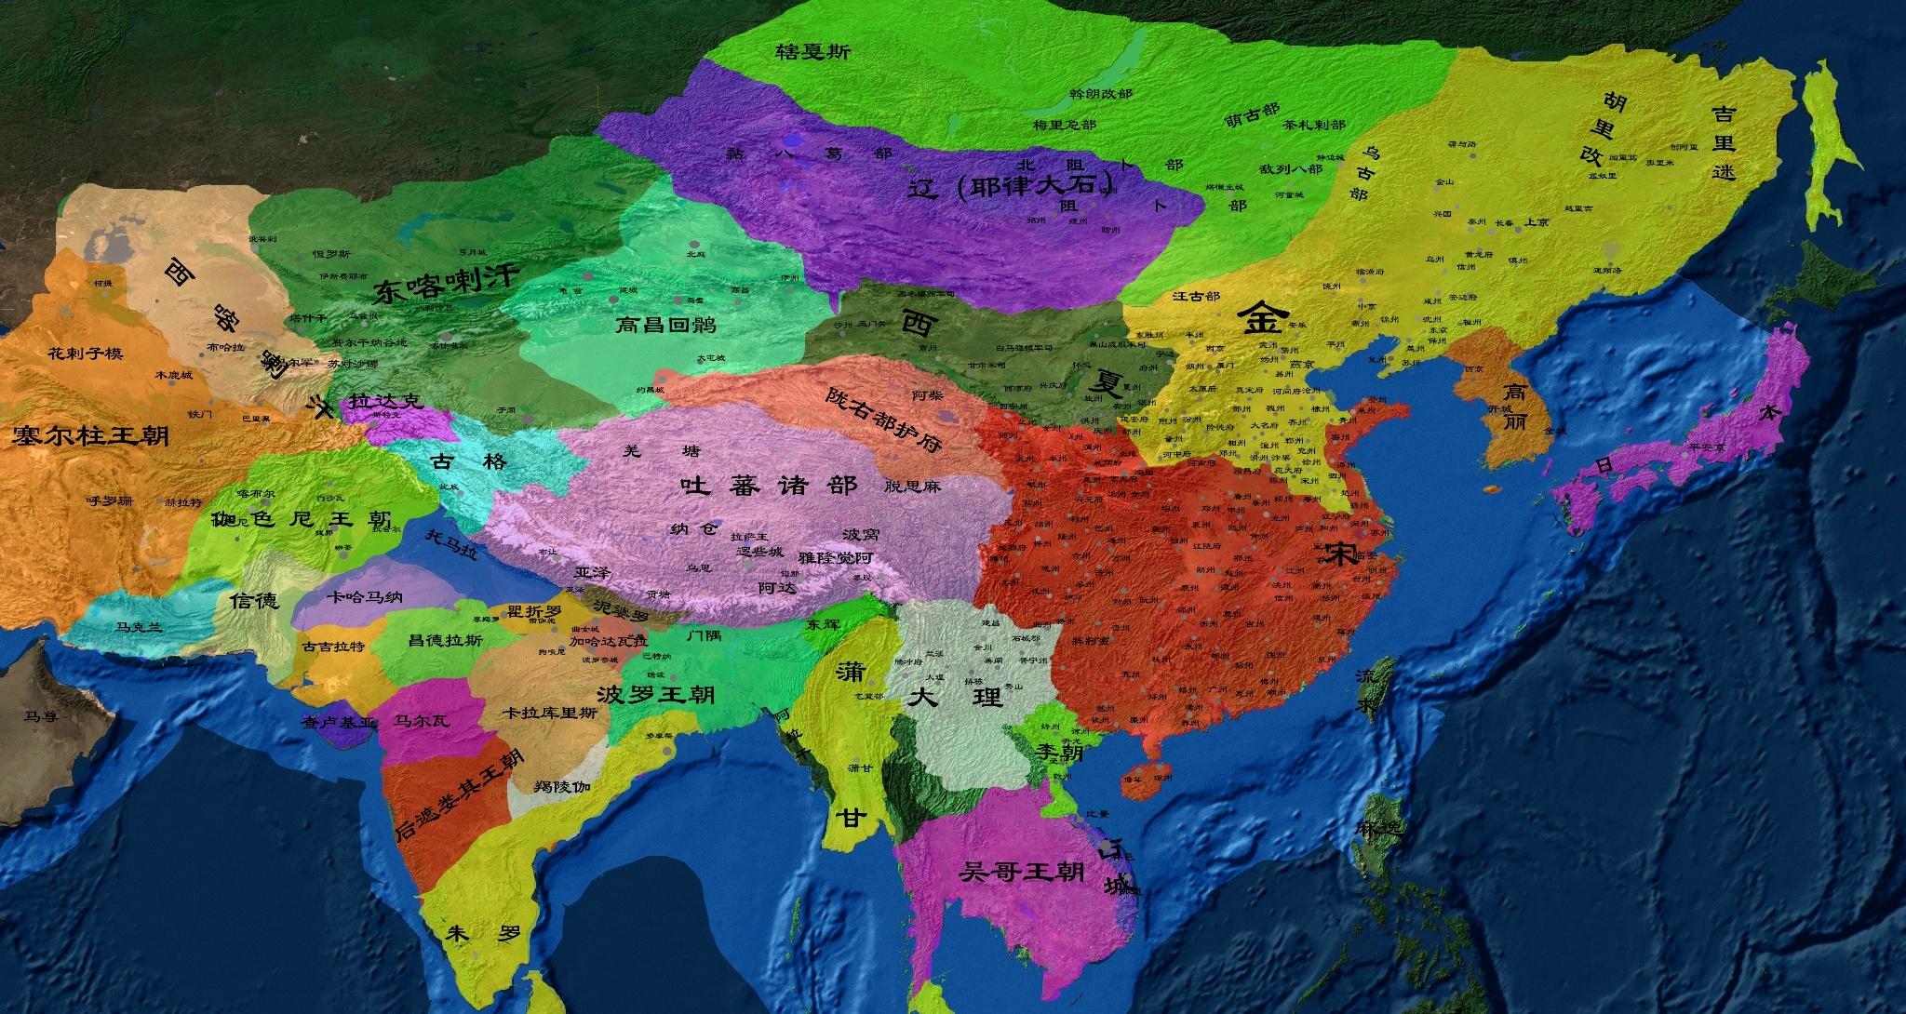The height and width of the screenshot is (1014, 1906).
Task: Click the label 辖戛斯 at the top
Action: click(812, 52)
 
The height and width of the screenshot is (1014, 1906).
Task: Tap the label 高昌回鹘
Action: click(667, 325)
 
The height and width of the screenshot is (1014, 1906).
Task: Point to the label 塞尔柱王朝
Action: click(91, 435)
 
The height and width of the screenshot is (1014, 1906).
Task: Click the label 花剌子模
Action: click(85, 354)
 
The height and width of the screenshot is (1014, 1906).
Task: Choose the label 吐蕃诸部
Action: click(769, 485)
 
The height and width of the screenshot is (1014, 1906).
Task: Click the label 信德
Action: click(254, 600)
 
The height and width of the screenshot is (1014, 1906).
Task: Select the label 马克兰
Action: click(138, 627)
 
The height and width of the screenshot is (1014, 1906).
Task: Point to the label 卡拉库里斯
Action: click(549, 714)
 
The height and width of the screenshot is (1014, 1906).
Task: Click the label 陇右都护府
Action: click(882, 418)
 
